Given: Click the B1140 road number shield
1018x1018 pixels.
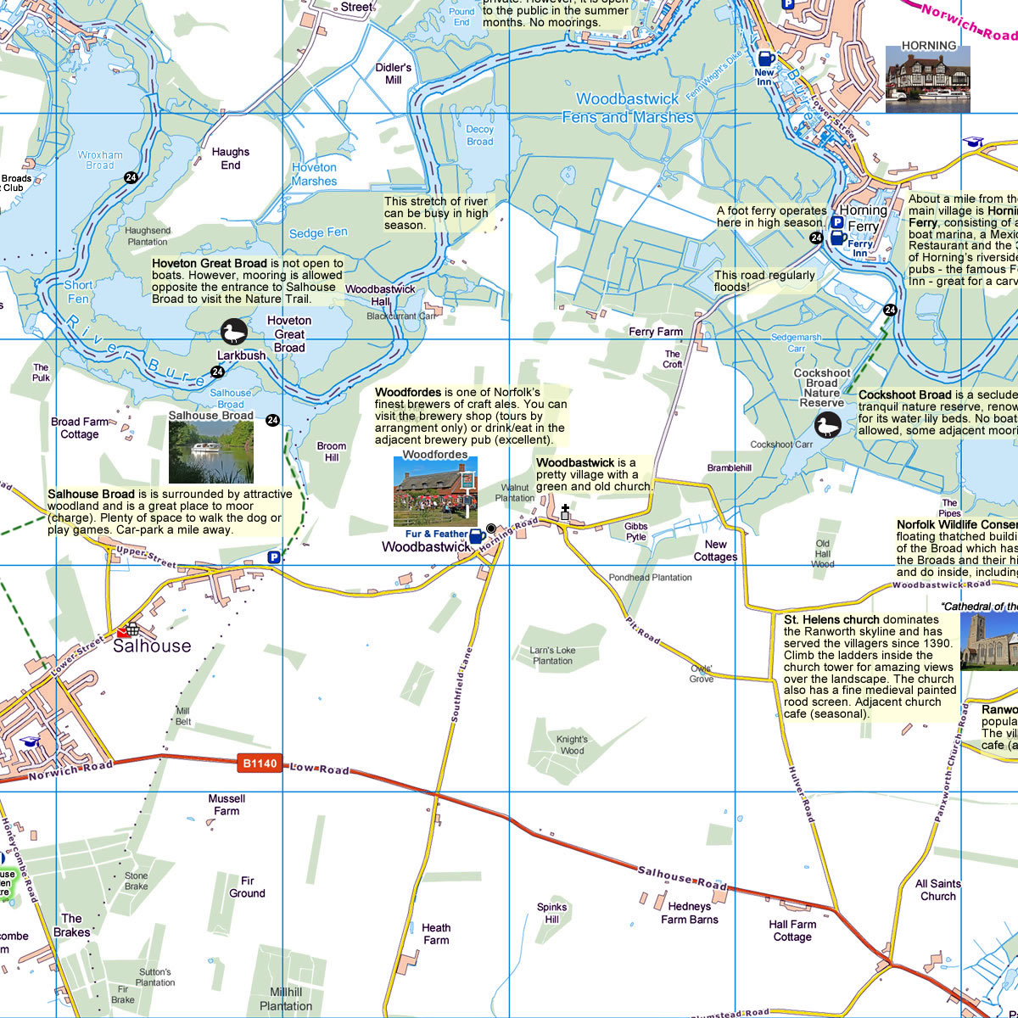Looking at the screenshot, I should pyautogui.click(x=260, y=763).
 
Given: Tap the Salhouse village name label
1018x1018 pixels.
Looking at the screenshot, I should pyautogui.click(x=152, y=646).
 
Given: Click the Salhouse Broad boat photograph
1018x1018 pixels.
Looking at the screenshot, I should pyautogui.click(x=211, y=452).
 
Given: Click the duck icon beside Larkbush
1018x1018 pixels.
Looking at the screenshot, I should pyautogui.click(x=233, y=332).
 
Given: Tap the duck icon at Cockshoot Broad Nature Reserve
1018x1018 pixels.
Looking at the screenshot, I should pyautogui.click(x=827, y=425).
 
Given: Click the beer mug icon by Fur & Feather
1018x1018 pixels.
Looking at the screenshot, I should pyautogui.click(x=477, y=536).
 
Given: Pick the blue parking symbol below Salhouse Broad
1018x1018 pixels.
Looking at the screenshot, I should pyautogui.click(x=273, y=557).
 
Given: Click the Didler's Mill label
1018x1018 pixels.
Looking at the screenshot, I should pyautogui.click(x=394, y=74).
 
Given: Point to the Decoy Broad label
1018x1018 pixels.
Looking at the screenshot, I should pyautogui.click(x=479, y=136).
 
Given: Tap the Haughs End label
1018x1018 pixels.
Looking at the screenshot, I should pyautogui.click(x=231, y=159).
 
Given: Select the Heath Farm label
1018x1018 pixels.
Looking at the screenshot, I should pyautogui.click(x=436, y=934).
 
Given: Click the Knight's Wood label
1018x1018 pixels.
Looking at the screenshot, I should pyautogui.click(x=572, y=745).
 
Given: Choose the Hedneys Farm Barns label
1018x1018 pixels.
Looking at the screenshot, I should pyautogui.click(x=690, y=913).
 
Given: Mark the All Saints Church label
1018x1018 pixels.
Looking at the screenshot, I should pyautogui.click(x=938, y=890).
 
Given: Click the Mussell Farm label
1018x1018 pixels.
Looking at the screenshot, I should pyautogui.click(x=227, y=805).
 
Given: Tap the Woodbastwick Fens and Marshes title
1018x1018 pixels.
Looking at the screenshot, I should pyautogui.click(x=628, y=109).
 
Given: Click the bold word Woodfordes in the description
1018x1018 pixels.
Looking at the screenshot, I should pyautogui.click(x=407, y=393).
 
